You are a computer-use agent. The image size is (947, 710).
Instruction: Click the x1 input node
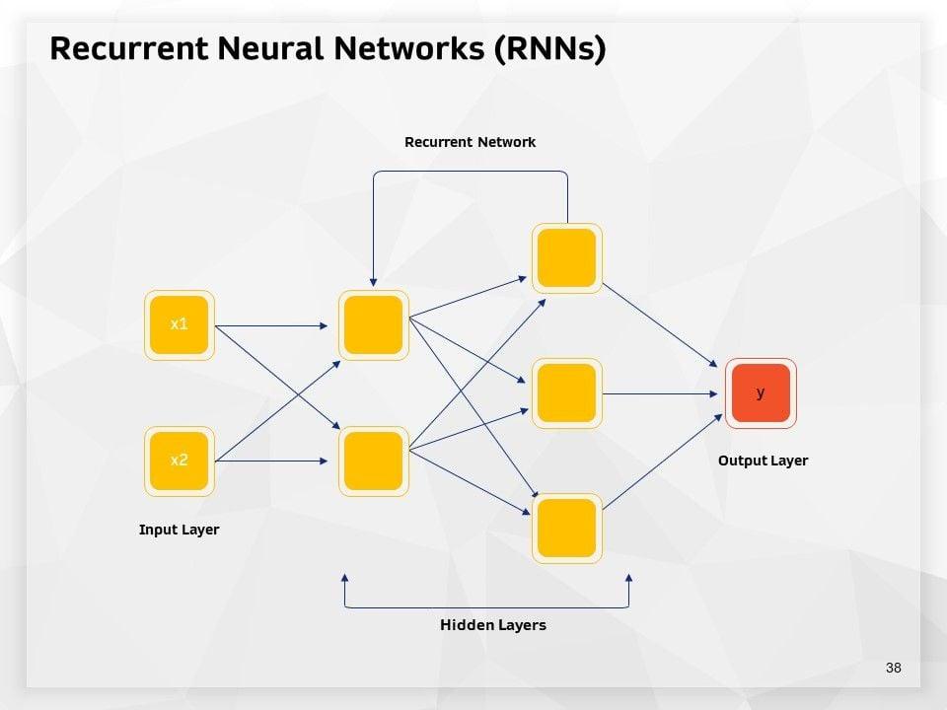pyautogui.click(x=179, y=324)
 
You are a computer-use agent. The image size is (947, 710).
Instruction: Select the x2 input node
pyautogui.click(x=179, y=461)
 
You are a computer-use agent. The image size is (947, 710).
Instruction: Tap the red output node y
pyautogui.click(x=761, y=392)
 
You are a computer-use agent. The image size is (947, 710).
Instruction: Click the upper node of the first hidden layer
pyautogui.click(x=373, y=324)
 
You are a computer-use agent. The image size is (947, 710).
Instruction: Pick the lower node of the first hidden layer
pyautogui.click(x=373, y=461)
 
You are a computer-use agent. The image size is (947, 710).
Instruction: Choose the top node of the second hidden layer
pyautogui.click(x=566, y=257)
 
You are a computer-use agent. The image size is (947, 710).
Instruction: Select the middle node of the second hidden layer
pyautogui.click(x=566, y=392)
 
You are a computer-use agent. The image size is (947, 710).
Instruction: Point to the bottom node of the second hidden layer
pyautogui.click(x=566, y=529)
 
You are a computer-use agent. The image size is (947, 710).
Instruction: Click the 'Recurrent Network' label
pyautogui.click(x=470, y=142)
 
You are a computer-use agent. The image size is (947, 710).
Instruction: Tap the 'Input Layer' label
pyautogui.click(x=179, y=530)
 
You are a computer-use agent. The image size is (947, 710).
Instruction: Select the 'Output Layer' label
pyautogui.click(x=763, y=461)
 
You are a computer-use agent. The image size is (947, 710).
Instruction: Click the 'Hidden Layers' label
pyautogui.click(x=492, y=625)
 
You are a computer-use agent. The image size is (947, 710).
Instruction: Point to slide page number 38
pyautogui.click(x=894, y=668)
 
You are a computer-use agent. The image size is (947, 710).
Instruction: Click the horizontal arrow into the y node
pyautogui.click(x=661, y=393)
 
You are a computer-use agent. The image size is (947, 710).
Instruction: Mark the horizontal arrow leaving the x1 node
pyautogui.click(x=271, y=324)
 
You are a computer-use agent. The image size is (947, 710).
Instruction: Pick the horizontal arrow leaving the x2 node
pyautogui.click(x=271, y=461)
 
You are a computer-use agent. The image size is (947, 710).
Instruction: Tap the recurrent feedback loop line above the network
pyautogui.click(x=470, y=172)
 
